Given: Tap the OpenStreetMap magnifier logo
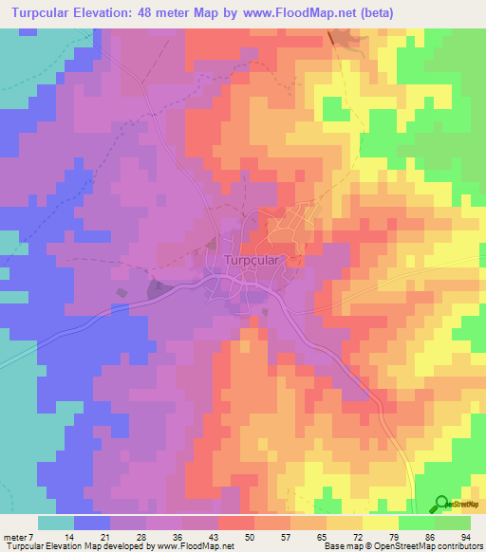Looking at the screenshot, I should pos(443,504).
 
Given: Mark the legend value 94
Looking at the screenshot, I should pos(466,537).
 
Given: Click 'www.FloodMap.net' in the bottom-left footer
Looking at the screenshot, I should pos(196,547).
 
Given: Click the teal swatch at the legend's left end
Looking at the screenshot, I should pos(56,524).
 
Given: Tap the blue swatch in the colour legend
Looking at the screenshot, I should pos(92,524).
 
